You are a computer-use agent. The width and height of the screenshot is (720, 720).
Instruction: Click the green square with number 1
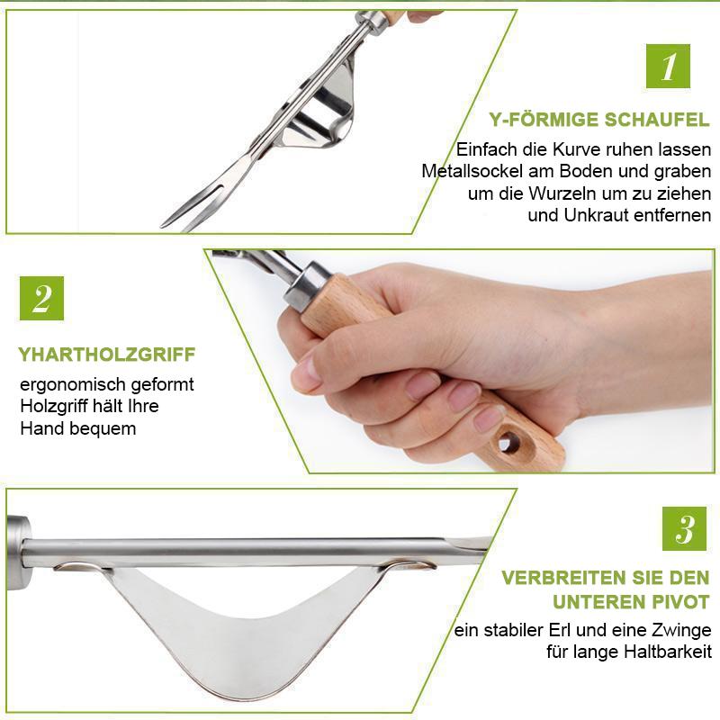tap(668, 66)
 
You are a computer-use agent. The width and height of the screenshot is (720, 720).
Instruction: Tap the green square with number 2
tap(41, 298)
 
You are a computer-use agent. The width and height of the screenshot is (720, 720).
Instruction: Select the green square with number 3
tap(684, 528)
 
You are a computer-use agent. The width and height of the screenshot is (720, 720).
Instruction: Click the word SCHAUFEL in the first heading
tap(657, 120)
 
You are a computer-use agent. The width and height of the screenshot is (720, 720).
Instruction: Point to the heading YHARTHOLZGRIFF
tap(107, 355)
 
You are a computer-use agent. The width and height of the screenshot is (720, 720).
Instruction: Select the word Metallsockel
tap(472, 171)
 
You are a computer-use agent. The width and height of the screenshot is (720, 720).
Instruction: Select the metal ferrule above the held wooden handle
tap(306, 285)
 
